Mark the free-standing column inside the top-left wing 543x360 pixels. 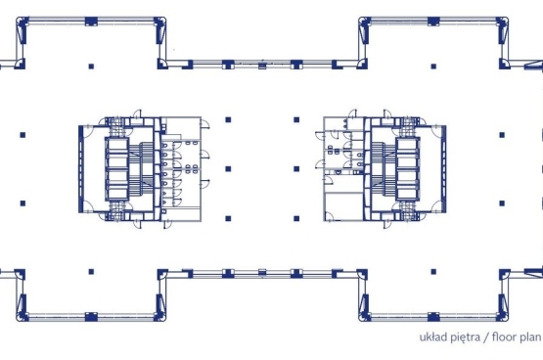(x=91, y=67)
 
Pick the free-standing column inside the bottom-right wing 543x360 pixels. (x=433, y=272)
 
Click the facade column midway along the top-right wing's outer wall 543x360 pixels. (x=433, y=22)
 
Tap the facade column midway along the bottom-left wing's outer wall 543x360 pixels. (x=91, y=316)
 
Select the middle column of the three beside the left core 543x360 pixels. (x=228, y=169)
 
